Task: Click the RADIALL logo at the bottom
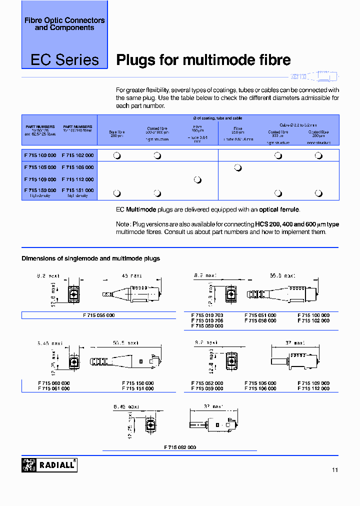[x=49, y=465]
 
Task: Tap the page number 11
[x=334, y=470]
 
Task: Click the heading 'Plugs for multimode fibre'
[x=203, y=60]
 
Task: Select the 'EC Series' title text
[x=65, y=60]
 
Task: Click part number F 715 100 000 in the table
[x=40, y=155]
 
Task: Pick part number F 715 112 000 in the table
[x=77, y=179]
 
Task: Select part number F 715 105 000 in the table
[x=40, y=167]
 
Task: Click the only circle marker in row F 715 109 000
[x=197, y=179]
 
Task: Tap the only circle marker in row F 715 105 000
[x=238, y=167]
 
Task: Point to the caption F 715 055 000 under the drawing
[x=98, y=315]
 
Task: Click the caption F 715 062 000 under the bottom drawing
[x=179, y=447]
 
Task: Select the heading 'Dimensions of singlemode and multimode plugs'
[x=90, y=258]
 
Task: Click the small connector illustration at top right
[x=314, y=76]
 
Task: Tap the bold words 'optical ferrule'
[x=278, y=209]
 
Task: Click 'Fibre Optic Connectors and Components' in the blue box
[x=64, y=24]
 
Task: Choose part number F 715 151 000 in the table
[x=77, y=190]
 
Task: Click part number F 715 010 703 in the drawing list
[x=207, y=315]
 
